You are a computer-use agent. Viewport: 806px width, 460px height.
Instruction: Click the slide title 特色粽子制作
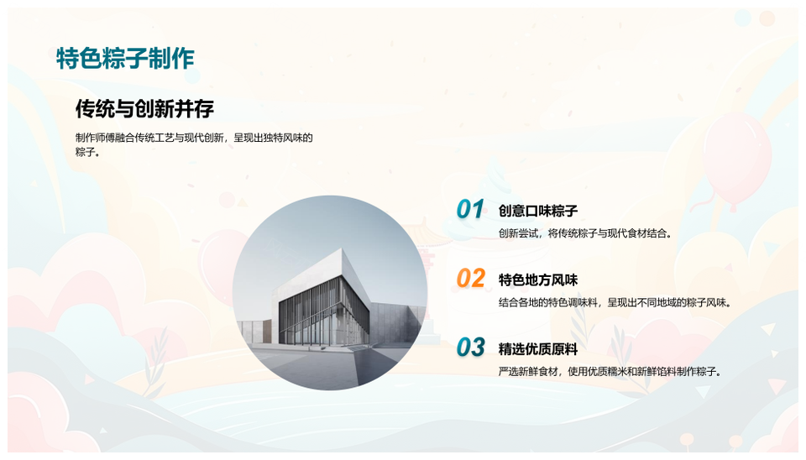(x=125, y=58)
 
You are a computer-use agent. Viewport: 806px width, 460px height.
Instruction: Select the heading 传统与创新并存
(x=144, y=108)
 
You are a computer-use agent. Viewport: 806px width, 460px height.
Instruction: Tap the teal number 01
(x=470, y=209)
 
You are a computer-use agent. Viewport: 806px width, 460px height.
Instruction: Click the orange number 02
(x=471, y=278)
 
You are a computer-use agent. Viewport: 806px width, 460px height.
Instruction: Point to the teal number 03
(x=471, y=348)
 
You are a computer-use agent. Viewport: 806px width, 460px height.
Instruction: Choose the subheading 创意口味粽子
(x=537, y=211)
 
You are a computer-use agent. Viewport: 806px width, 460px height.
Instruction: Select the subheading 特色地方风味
(x=537, y=280)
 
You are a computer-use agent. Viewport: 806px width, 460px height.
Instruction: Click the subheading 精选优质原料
(x=537, y=349)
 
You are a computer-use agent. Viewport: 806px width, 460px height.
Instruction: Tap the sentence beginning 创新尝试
(x=585, y=233)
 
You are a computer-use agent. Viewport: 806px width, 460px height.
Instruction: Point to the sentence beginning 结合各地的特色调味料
(x=615, y=303)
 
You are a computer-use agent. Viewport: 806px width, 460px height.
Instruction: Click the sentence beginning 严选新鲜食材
(x=610, y=372)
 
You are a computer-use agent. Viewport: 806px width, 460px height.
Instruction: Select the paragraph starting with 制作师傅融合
(x=194, y=145)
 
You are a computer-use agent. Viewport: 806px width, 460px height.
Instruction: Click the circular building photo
(x=330, y=293)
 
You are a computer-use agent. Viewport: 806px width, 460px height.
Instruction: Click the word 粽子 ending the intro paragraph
(x=86, y=152)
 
